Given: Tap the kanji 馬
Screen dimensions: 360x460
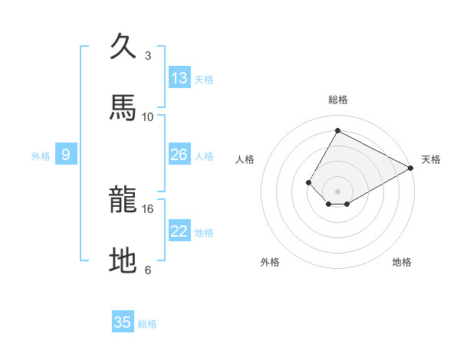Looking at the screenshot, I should click(x=123, y=108).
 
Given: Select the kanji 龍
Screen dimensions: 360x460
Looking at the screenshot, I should click(x=123, y=201).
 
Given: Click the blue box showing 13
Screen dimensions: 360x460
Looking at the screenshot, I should click(x=179, y=78).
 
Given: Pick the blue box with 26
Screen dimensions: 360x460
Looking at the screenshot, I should click(x=179, y=155).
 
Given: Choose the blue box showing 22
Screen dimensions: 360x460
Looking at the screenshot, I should click(x=179, y=231).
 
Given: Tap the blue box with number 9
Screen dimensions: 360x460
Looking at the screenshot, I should click(x=66, y=155).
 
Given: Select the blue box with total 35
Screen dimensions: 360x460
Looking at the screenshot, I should click(x=123, y=322).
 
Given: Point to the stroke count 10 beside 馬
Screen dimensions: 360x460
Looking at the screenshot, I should click(x=148, y=116).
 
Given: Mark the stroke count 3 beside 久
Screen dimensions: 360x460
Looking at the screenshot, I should click(x=148, y=55).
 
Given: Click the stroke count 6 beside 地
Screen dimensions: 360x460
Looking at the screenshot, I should click(x=148, y=270).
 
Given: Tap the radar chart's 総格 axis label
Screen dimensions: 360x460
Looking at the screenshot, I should click(x=338, y=100).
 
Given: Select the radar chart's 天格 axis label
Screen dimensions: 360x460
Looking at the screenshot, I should click(x=431, y=159).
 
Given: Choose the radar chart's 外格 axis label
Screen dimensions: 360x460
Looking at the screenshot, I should click(x=270, y=262).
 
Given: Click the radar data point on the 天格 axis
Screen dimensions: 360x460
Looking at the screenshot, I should click(x=411, y=168).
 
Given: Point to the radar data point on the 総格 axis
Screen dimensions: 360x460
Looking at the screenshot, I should click(x=337, y=130).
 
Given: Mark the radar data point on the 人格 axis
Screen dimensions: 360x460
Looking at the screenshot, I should click(x=308, y=182).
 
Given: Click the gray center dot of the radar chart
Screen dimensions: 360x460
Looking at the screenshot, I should click(x=337, y=191).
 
